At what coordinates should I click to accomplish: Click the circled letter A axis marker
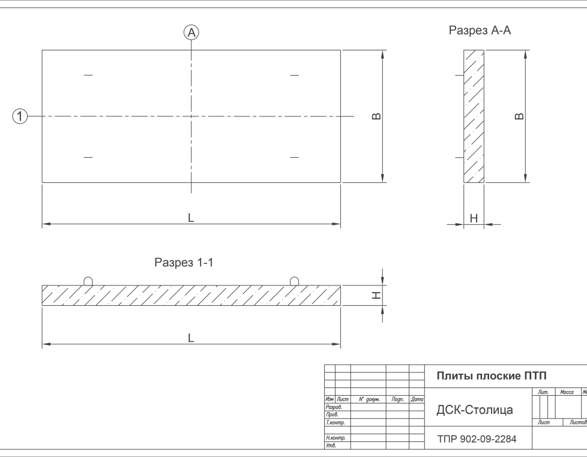191,34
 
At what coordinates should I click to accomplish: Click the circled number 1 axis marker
20,116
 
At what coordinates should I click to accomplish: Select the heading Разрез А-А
480,31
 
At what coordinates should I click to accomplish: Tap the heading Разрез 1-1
184,262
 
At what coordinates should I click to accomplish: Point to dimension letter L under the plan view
191,218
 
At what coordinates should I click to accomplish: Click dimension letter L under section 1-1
191,338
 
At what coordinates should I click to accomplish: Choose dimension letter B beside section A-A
520,116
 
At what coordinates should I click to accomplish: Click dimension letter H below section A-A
474,219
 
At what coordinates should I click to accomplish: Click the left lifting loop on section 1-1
88,281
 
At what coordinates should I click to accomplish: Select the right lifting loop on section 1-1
294,281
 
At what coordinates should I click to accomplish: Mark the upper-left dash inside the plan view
88,75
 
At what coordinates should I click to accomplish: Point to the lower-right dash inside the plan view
294,157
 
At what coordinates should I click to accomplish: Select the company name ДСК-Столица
474,411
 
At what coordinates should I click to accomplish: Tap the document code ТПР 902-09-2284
476,440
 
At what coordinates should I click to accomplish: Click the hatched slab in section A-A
474,116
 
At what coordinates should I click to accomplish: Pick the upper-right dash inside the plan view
294,75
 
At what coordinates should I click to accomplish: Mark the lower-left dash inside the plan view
88,157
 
